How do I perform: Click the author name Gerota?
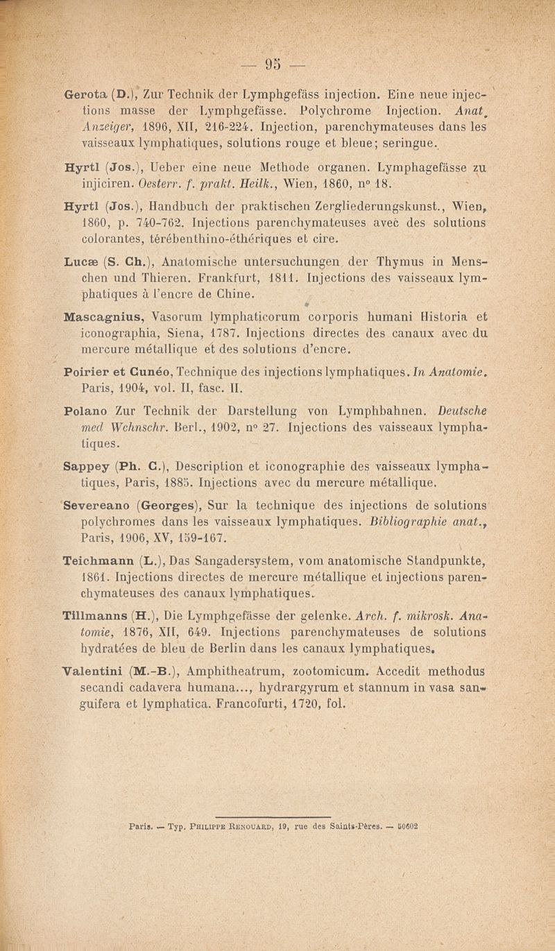click(x=85, y=91)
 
